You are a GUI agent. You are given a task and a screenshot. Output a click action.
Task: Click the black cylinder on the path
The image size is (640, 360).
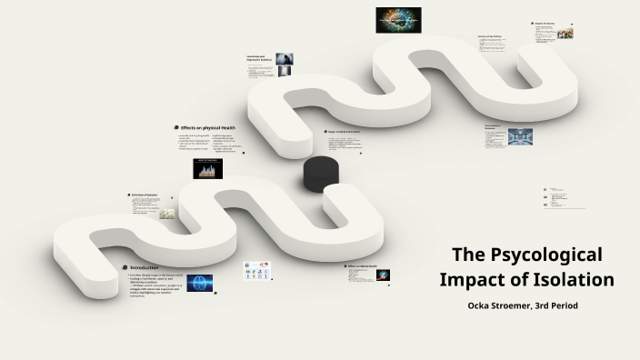[x=321, y=173]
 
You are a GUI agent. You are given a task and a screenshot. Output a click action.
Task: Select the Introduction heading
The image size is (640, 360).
[x=150, y=267]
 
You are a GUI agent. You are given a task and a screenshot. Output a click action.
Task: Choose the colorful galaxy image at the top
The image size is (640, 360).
[x=398, y=20]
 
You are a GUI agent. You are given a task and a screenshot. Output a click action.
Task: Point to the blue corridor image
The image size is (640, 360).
[x=520, y=135]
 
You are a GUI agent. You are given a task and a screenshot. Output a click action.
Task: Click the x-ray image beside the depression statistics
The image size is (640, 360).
[x=285, y=58]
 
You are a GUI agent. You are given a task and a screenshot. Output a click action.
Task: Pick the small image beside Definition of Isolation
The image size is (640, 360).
[x=167, y=214]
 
